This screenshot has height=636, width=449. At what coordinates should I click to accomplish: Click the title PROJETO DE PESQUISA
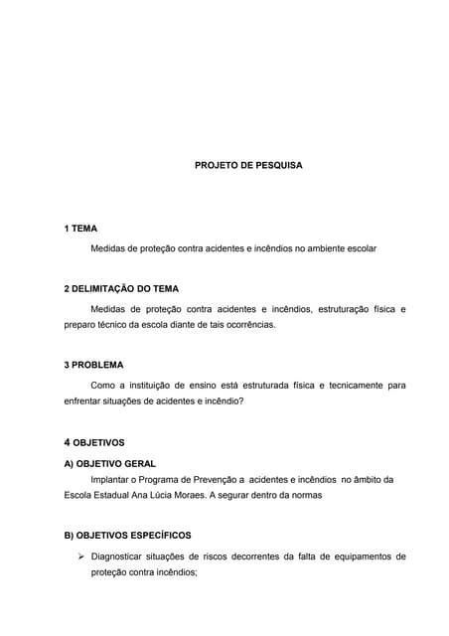pyautogui.click(x=247, y=165)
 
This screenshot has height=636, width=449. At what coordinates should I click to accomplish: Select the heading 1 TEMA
pyautogui.click(x=80, y=229)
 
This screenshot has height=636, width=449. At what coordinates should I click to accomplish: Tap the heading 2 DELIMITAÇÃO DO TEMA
pyautogui.click(x=121, y=289)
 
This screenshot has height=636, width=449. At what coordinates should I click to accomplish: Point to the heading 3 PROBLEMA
pyautogui.click(x=93, y=365)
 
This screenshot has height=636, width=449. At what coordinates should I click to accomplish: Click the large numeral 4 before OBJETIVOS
pyautogui.click(x=68, y=441)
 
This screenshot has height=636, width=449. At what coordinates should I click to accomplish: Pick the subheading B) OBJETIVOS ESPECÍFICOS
pyautogui.click(x=127, y=535)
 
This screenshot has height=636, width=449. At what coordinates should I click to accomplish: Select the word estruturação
pyautogui.click(x=346, y=309)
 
